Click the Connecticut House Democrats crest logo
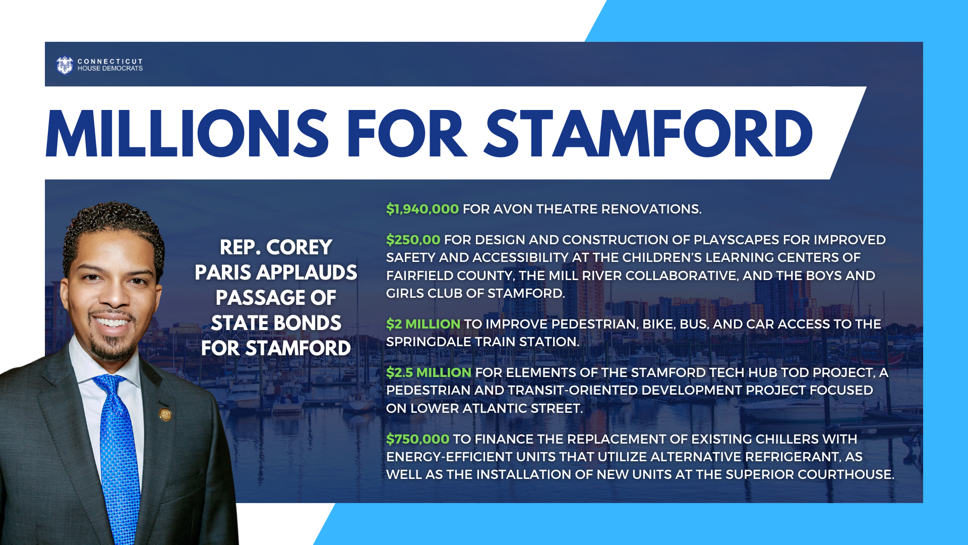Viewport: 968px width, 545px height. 65,65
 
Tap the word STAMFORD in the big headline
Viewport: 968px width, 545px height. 648,134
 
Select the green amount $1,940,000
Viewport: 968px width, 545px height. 422,209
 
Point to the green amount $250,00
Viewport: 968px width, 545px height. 413,240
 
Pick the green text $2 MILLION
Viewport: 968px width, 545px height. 423,324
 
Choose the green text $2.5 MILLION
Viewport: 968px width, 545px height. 429,372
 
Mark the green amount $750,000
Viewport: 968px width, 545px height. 417,439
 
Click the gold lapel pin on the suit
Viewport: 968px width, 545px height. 165,415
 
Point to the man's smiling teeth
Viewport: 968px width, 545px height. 112,322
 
